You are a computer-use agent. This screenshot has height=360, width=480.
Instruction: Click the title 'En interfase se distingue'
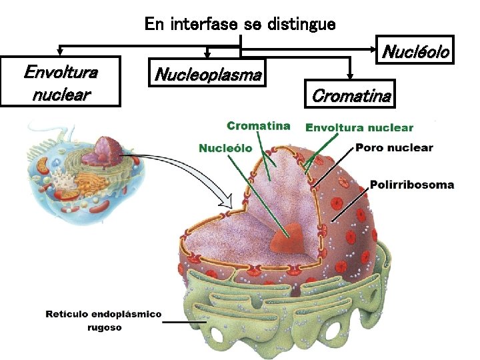(x=240, y=25)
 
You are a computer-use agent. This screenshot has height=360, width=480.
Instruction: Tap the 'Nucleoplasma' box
(x=207, y=73)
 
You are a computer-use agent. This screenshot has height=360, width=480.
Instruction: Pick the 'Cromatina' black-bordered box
(x=351, y=95)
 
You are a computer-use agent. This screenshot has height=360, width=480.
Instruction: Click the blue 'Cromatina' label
(x=258, y=125)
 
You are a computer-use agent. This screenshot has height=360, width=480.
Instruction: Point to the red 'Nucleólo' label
(x=225, y=147)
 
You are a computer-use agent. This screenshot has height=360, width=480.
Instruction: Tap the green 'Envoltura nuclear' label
(x=359, y=127)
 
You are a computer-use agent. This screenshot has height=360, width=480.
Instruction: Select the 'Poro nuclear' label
(x=394, y=147)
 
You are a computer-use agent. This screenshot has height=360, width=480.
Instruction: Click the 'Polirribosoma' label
(x=411, y=184)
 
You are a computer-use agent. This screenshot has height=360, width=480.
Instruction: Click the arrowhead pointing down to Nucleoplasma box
(x=207, y=54)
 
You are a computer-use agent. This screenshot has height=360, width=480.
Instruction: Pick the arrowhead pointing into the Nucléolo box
(x=375, y=48)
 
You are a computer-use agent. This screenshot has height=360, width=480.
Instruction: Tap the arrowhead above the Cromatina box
(x=350, y=77)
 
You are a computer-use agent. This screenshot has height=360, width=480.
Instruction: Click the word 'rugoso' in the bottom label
(x=103, y=327)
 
